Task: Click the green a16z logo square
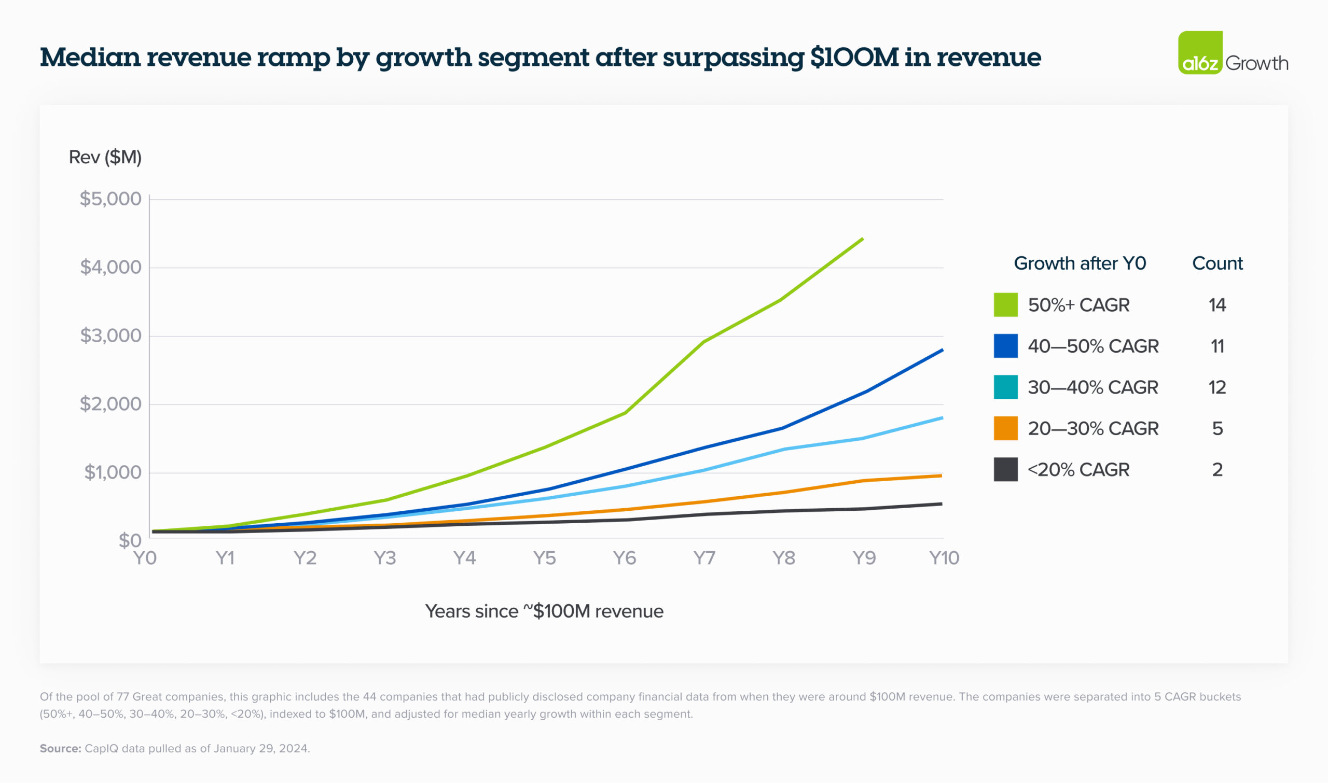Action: (1200, 53)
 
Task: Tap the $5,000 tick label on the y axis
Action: (110, 199)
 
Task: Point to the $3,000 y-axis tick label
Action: (110, 335)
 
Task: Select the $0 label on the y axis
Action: (130, 540)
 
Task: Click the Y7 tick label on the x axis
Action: (704, 558)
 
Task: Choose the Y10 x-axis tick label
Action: (944, 558)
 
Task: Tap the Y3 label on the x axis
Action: (385, 558)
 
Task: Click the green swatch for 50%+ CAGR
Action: (1005, 305)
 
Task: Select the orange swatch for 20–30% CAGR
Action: (1005, 428)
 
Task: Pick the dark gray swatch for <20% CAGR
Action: (1005, 470)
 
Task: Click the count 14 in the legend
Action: (1217, 305)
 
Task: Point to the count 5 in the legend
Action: (1217, 428)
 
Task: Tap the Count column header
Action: (1217, 263)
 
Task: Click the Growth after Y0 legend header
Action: (1080, 263)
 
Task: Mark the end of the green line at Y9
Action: (863, 239)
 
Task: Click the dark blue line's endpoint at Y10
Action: (942, 350)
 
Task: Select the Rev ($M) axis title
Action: (105, 157)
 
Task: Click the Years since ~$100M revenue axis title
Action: (544, 611)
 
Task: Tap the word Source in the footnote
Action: (60, 748)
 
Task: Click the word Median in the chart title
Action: (90, 57)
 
